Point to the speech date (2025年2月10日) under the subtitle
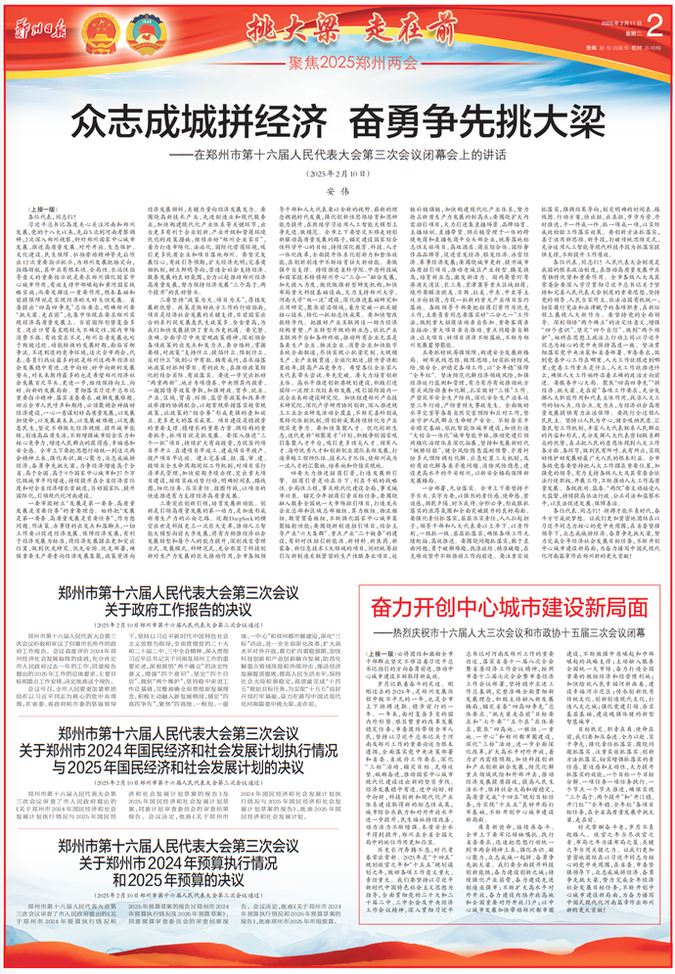(x=337, y=172)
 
